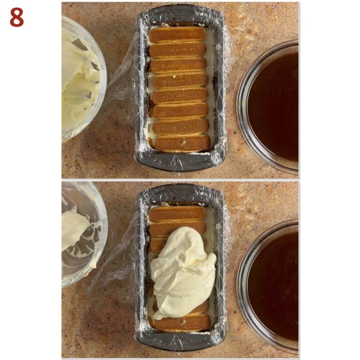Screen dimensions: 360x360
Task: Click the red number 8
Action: [16, 17]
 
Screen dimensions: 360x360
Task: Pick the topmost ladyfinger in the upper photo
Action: [177, 34]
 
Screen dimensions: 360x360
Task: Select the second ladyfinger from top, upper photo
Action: [177, 50]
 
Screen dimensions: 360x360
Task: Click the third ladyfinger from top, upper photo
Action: [178, 65]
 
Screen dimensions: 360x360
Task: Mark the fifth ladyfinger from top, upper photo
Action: [180, 96]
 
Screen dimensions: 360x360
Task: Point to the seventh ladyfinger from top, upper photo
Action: [181, 127]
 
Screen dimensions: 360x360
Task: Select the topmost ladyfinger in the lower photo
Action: [177, 214]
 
